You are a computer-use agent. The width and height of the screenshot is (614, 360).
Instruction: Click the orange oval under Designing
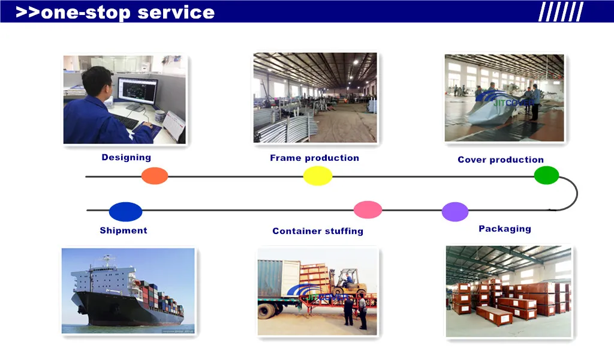[x=155, y=176]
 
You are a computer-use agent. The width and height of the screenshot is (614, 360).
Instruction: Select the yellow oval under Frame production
[x=318, y=176]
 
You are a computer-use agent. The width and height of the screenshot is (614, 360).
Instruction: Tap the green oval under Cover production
[x=546, y=175]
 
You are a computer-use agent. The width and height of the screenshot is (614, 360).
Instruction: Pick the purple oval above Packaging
[x=455, y=212]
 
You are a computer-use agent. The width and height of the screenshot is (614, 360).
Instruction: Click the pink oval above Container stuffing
[x=368, y=209]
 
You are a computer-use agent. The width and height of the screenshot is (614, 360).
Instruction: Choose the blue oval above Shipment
[x=125, y=212]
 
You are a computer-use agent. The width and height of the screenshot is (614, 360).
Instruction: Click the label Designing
[x=126, y=157]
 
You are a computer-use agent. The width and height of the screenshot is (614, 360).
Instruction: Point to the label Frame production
[x=314, y=158]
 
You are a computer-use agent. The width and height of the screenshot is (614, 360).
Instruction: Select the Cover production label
[x=501, y=160]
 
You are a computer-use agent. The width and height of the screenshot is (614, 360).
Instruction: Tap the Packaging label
[x=505, y=229]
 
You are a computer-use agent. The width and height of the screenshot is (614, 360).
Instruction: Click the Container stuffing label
[x=318, y=231]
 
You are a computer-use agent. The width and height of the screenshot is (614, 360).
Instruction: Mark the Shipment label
[x=124, y=230]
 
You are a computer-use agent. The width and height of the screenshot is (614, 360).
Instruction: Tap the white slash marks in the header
[x=561, y=12]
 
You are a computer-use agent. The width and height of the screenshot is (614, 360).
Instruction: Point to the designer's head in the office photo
[x=98, y=82]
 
